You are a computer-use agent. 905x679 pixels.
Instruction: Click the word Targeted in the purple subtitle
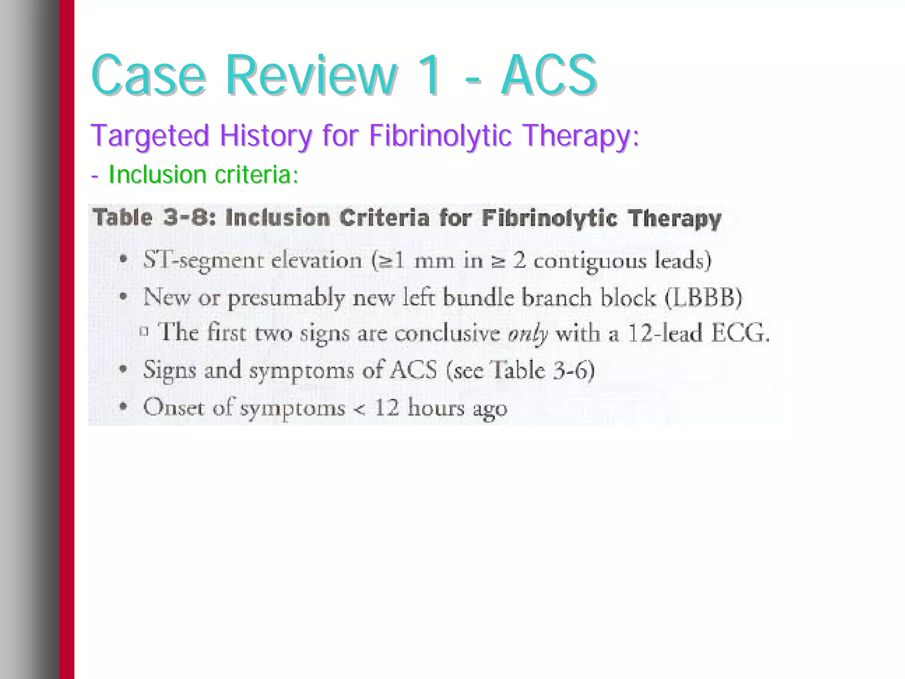[149, 136]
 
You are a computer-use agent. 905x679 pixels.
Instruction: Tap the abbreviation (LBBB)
[703, 297]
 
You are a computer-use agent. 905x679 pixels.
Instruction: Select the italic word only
[528, 334]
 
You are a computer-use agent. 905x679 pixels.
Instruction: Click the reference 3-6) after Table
[574, 370]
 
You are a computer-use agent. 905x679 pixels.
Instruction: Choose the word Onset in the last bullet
[174, 406]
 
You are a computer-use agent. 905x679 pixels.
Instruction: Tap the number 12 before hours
[386, 406]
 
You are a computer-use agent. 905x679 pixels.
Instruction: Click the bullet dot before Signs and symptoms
[124, 369]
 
